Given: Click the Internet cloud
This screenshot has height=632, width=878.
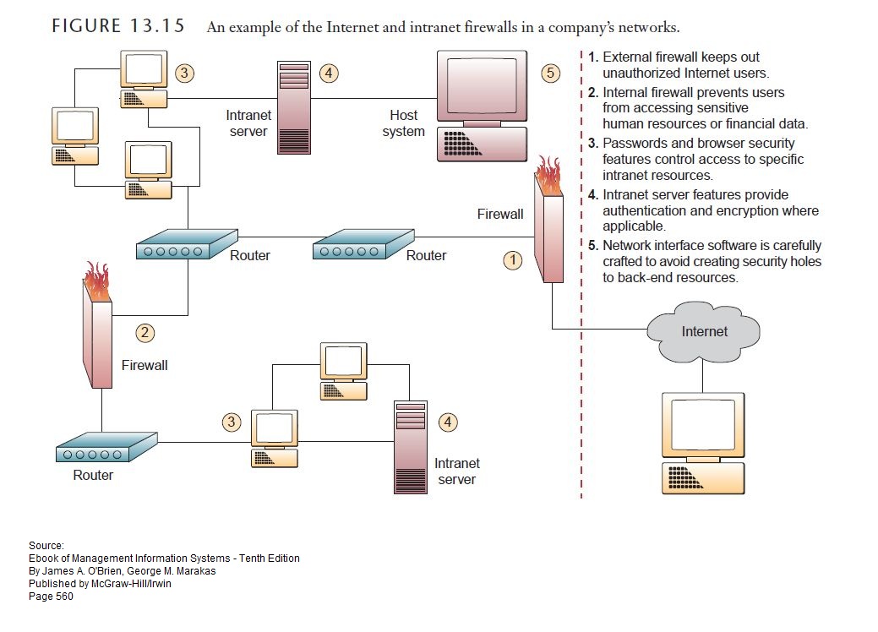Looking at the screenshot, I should click(x=705, y=331).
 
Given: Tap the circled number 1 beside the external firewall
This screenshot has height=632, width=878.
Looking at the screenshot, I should click(x=513, y=260).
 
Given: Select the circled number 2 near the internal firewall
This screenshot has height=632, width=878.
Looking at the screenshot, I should click(x=146, y=333).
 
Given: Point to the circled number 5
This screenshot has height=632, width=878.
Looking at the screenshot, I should click(x=551, y=74).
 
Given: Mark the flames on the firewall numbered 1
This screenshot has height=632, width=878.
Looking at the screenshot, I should click(x=548, y=177).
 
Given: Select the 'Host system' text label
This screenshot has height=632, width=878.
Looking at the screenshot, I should click(x=403, y=123).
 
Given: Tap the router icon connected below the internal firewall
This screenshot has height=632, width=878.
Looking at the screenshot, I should click(x=106, y=448).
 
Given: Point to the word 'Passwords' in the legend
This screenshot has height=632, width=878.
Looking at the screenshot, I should click(x=631, y=144).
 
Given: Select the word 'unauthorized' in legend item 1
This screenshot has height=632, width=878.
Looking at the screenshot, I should click(x=641, y=74).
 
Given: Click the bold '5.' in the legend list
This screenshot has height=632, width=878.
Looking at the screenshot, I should click(x=594, y=246).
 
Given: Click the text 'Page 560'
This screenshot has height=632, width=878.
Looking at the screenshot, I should click(x=51, y=597).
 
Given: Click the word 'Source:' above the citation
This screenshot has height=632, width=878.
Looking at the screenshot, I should click(x=46, y=546).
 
